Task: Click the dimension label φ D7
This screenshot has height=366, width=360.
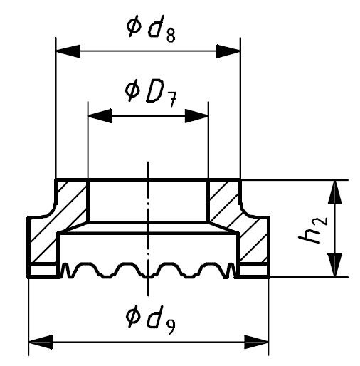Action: coord(151,93)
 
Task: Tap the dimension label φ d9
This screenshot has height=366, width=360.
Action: coord(151,320)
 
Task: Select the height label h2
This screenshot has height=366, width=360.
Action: coord(313,229)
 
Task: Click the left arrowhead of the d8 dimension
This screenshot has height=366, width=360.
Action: coord(68,51)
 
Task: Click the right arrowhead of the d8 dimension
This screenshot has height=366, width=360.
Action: coord(228,51)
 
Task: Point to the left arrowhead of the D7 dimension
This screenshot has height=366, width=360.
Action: coord(100,116)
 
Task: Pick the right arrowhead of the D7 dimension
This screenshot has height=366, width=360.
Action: coord(196,116)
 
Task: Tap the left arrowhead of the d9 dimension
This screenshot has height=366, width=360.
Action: coord(41,342)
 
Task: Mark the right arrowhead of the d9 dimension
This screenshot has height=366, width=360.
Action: coord(256,342)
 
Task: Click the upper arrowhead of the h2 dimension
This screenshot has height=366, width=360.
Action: coord(335,192)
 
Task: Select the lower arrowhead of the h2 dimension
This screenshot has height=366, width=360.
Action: coord(335,265)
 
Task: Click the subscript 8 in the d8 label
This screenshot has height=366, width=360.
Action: coord(171,36)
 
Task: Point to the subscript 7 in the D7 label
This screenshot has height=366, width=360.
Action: coord(172,100)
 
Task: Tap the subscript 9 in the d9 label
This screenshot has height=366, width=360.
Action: coord(170,328)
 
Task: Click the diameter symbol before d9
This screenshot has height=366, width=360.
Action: coord(133,317)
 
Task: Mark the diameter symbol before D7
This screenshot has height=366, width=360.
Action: coord(132,90)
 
